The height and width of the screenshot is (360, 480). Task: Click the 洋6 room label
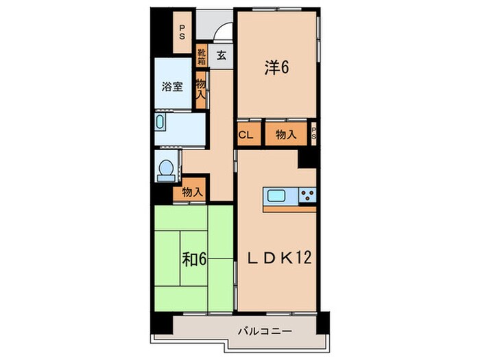point(276,67)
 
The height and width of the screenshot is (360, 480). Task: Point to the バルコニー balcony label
point(265,331)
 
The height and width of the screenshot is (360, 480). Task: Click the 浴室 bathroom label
point(172,86)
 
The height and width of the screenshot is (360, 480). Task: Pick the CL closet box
point(245,135)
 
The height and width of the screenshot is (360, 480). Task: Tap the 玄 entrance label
point(221,56)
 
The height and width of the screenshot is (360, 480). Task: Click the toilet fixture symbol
point(165,170)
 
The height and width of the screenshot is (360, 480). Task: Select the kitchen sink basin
point(280,196)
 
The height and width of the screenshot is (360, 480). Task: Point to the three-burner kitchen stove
point(307,196)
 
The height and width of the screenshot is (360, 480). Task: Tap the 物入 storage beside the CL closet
point(285,135)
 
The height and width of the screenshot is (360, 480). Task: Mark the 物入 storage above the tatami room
point(193,193)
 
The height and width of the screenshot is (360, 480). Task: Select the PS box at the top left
point(182,33)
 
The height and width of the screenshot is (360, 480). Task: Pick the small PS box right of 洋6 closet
point(313,134)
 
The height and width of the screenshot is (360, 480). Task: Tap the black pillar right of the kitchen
point(308,158)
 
